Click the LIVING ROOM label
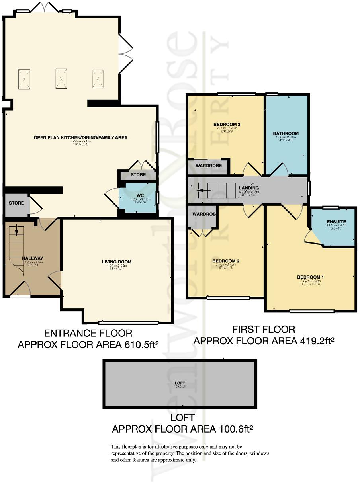117,262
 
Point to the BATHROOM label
286,133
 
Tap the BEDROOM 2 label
226,261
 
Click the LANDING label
249,188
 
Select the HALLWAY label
33,258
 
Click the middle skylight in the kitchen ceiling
61,79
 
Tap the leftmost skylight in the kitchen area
24,79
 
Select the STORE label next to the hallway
16,203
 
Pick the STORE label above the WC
138,174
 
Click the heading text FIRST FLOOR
264,329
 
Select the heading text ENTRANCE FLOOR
88,333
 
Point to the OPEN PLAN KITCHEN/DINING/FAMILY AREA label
80,137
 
